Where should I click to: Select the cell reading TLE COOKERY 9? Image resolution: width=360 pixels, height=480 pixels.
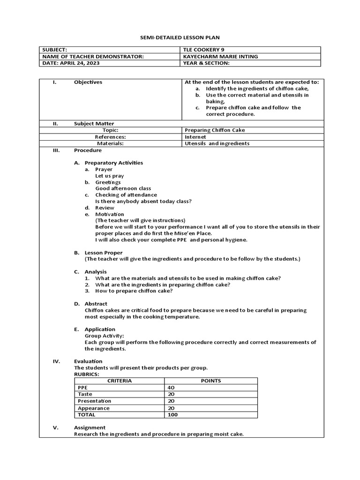click(x=202, y=50)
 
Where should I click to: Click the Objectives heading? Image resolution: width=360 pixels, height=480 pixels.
click(x=88, y=82)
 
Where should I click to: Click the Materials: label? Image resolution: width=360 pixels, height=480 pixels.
click(x=110, y=143)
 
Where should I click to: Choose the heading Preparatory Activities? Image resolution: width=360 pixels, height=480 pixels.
click(x=113, y=163)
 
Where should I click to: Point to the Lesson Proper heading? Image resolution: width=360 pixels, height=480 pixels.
click(x=103, y=253)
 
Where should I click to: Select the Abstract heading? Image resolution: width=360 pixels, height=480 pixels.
click(x=96, y=304)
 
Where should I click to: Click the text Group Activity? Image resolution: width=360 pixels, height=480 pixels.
click(x=104, y=336)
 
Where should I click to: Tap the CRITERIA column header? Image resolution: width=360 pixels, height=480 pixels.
click(x=120, y=381)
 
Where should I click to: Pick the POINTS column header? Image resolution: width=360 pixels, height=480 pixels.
click(x=210, y=381)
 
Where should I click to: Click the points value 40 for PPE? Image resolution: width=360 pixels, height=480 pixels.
click(x=171, y=388)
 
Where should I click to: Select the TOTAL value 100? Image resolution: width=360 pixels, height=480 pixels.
click(x=172, y=415)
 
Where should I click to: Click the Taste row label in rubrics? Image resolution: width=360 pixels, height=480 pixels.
click(x=85, y=395)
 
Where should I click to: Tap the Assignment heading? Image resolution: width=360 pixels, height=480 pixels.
click(x=90, y=427)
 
